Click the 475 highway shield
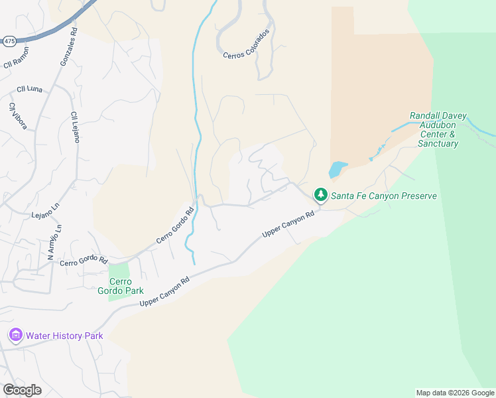(x=8, y=41)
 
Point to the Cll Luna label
(x=30, y=89)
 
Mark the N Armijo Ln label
(x=54, y=241)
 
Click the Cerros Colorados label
(x=246, y=45)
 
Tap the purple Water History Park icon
(x=15, y=336)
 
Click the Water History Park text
(x=65, y=336)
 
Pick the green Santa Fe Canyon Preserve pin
(x=321, y=194)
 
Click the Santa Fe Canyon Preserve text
(x=384, y=196)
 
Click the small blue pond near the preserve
(x=337, y=168)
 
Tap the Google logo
(x=22, y=390)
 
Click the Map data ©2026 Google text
(x=455, y=393)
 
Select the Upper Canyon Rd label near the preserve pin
(x=288, y=226)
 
